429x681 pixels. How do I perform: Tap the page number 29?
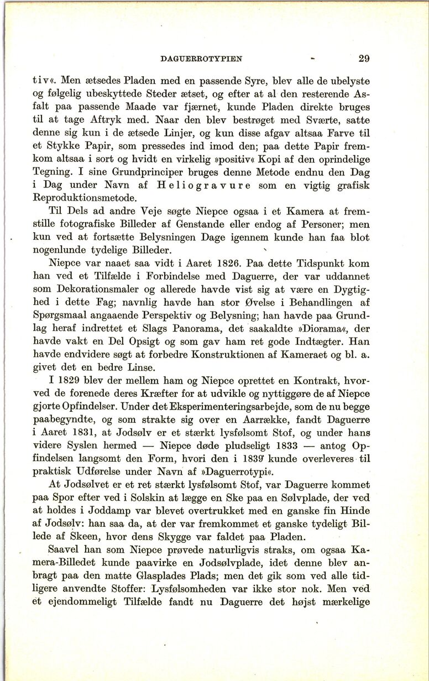[x=364, y=57]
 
